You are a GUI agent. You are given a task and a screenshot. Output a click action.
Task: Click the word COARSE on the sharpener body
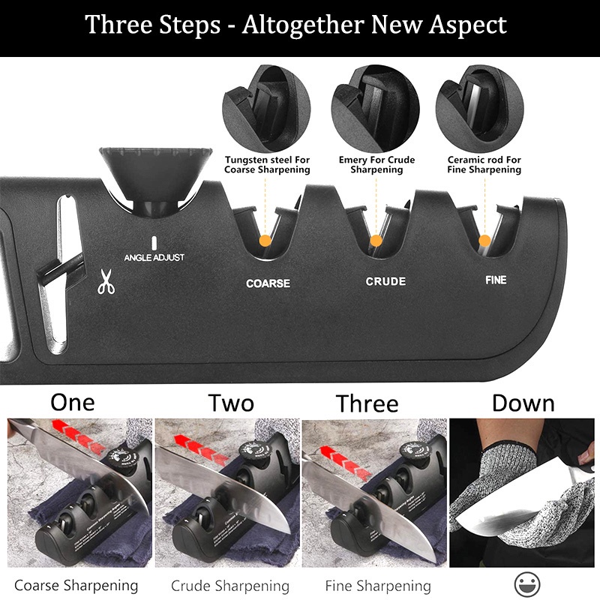click(x=268, y=283)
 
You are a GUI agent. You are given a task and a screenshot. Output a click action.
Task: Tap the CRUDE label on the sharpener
click(x=385, y=281)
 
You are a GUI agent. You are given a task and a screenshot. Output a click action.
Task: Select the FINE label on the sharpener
click(x=496, y=280)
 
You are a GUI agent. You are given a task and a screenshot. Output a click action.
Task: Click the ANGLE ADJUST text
click(x=154, y=257)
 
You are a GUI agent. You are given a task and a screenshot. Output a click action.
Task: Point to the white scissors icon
click(x=106, y=282)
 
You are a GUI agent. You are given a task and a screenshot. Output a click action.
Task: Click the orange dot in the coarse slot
click(x=265, y=241)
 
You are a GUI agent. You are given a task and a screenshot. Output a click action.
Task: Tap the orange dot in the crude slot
click(x=376, y=241)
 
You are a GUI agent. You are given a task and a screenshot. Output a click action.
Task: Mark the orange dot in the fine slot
click(x=484, y=241)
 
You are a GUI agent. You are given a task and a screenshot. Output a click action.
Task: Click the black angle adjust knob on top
click(x=156, y=178)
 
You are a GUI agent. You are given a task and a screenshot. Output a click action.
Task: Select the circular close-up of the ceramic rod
click(x=480, y=109)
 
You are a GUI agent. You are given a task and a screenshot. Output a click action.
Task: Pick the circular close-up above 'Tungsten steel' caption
click(x=266, y=109)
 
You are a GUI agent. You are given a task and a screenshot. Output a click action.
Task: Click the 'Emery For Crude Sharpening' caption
click(x=377, y=164)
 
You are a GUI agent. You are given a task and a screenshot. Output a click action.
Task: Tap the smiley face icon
click(x=527, y=584)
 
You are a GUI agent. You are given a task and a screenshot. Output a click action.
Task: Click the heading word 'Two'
click(x=231, y=403)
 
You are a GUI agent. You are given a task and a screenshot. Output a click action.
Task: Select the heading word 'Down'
click(x=523, y=403)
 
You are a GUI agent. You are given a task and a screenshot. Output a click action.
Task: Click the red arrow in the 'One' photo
click(x=79, y=436)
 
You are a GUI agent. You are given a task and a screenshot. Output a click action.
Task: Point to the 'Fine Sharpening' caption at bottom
click(x=378, y=586)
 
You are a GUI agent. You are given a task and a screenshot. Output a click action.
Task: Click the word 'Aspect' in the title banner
click(x=467, y=25)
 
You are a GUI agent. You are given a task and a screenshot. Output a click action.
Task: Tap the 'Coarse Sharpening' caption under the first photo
click(x=76, y=586)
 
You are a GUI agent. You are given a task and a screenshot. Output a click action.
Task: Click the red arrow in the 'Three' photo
click(x=346, y=462)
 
